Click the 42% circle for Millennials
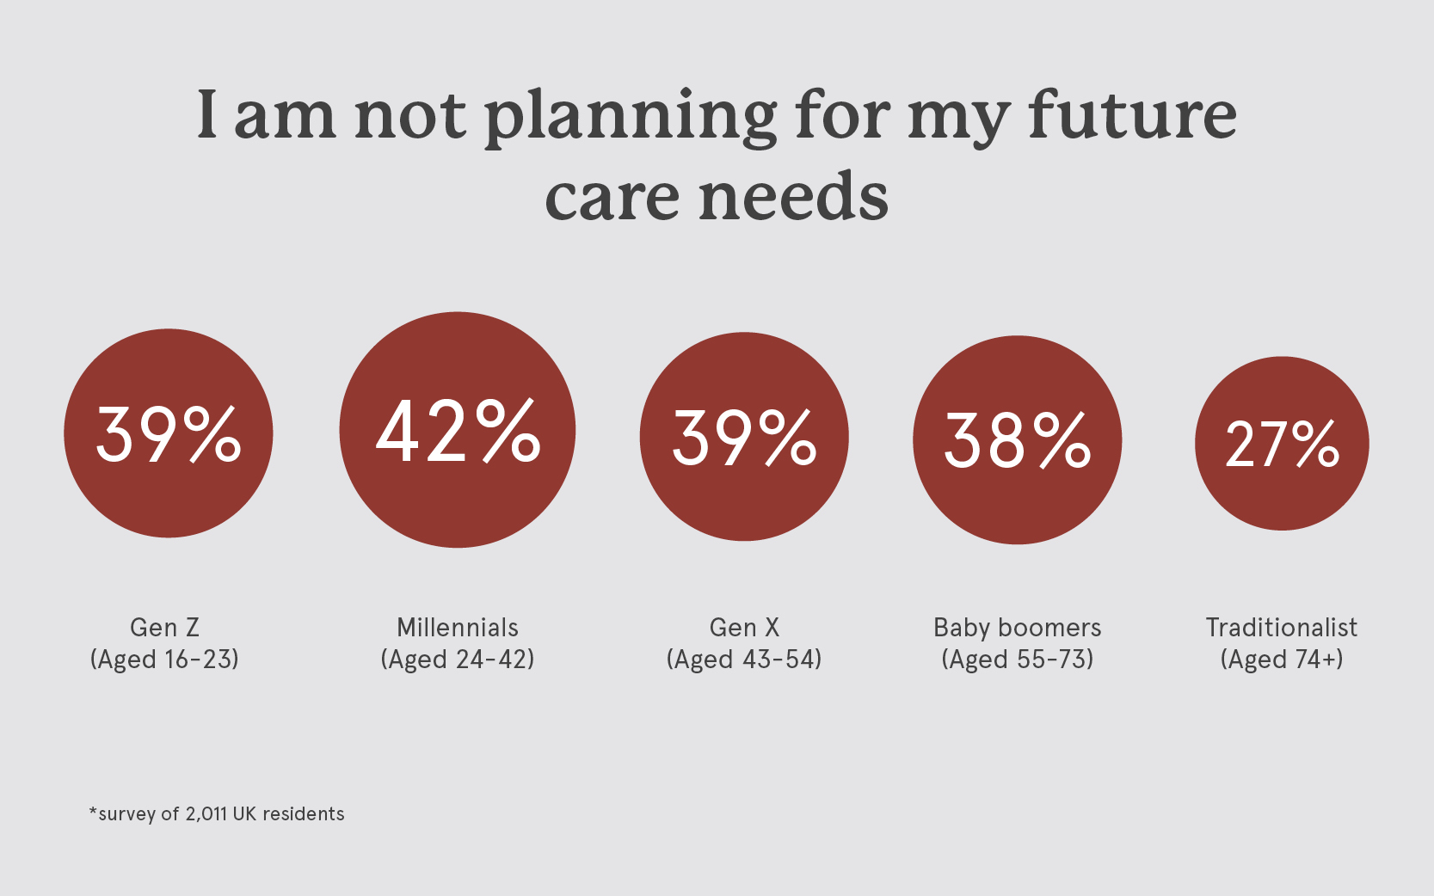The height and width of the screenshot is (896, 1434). tap(457, 430)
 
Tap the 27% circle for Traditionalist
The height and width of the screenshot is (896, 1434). tap(1282, 443)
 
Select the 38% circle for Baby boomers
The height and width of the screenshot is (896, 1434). tap(1017, 439)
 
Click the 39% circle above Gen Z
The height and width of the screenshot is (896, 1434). tap(169, 433)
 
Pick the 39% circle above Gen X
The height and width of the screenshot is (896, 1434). tap(744, 437)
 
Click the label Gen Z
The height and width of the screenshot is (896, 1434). tap(164, 628)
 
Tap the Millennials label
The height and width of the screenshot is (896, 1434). tap(457, 628)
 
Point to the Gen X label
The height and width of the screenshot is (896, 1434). tap(744, 628)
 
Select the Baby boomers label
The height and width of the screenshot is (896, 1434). tap(1017, 628)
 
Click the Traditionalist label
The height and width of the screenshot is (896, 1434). tap(1281, 628)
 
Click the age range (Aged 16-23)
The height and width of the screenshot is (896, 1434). tap(164, 660)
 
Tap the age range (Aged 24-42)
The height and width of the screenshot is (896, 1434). tap(457, 660)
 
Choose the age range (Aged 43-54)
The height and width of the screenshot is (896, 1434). tap(744, 660)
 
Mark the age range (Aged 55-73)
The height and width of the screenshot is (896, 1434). tap(1017, 660)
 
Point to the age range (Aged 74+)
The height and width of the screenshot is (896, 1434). tap(1281, 660)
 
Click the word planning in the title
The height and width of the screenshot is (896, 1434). tap(631, 116)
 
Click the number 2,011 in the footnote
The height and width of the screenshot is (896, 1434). tap(206, 813)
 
